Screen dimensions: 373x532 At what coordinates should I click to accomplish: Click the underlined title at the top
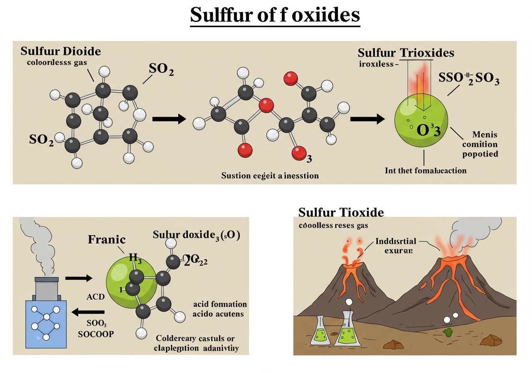[275, 15]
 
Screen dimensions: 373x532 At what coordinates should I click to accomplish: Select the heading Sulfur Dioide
[61, 52]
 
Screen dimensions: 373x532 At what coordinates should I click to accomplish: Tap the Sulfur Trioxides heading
[406, 53]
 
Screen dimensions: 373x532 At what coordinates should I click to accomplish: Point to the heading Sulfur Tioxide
[341, 212]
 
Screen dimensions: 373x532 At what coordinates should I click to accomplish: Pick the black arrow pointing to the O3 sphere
[367, 119]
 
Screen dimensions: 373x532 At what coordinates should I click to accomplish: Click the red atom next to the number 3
[299, 153]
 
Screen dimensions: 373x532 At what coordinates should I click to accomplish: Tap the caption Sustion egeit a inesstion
[270, 176]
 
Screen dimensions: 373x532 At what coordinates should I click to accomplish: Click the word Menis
[485, 135]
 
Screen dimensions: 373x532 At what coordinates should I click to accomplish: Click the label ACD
[96, 297]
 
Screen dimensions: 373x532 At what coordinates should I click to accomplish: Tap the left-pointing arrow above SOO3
[89, 312]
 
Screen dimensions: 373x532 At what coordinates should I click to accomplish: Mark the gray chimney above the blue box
[46, 287]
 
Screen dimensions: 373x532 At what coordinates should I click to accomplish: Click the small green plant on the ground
[448, 332]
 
